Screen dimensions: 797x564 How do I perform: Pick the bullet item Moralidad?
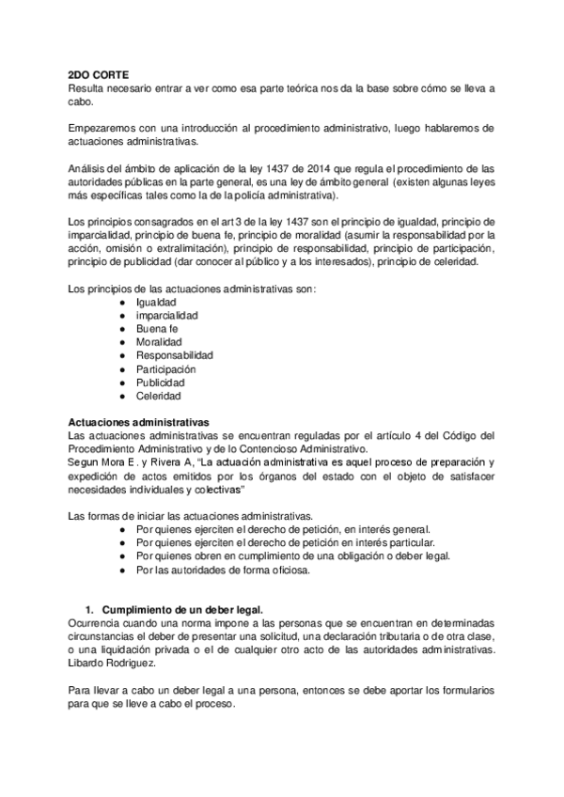161,342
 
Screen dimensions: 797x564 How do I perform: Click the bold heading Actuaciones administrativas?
140,422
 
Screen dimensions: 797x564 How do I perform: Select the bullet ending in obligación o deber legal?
292,555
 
